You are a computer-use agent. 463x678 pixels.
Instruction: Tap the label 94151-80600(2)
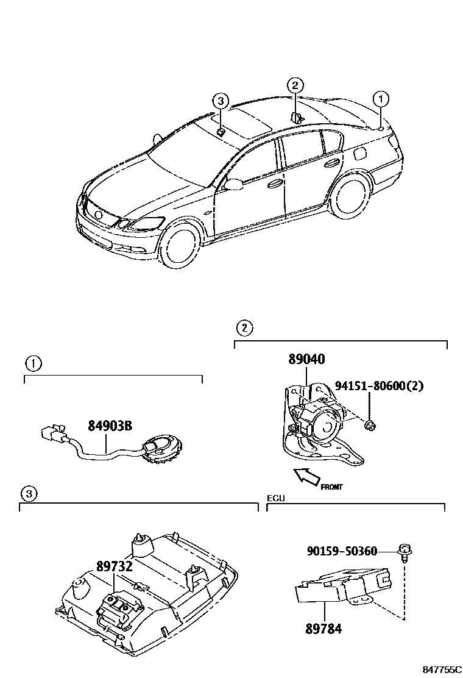[x=378, y=385]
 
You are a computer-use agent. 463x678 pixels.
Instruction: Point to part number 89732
[x=114, y=565]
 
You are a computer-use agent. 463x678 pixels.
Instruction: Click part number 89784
[x=323, y=629]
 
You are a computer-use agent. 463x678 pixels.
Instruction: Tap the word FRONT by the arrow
[x=331, y=487]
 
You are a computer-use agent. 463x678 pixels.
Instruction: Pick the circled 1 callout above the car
[x=380, y=98]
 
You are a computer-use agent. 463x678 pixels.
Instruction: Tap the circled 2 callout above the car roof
[x=294, y=85]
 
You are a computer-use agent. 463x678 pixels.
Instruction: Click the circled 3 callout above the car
[x=221, y=102]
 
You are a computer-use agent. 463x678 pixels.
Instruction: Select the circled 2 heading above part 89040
[x=243, y=329]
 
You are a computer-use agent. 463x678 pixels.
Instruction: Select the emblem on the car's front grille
[x=97, y=215]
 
